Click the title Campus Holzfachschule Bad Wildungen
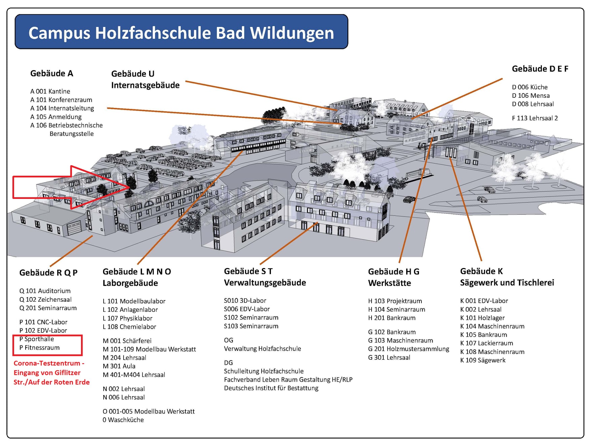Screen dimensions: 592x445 pyautogui.click(x=181, y=33)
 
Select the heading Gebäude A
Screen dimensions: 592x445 pyautogui.click(x=51, y=73)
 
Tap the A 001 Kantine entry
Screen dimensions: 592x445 pyautogui.click(x=50, y=91)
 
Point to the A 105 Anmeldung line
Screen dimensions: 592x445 pyautogui.click(x=56, y=117)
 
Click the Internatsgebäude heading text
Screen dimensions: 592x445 pyautogui.click(x=145, y=85)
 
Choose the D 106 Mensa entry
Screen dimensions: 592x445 pyautogui.click(x=531, y=96)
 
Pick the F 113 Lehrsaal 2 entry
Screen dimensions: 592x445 pyautogui.click(x=535, y=118)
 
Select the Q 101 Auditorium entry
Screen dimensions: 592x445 pyautogui.click(x=45, y=291)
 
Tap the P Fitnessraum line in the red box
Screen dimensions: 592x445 pyautogui.click(x=39, y=348)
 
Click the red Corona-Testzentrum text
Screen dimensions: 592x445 pyautogui.click(x=51, y=373)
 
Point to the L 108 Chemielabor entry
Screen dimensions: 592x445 pyautogui.click(x=129, y=327)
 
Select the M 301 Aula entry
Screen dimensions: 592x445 pyautogui.click(x=119, y=366)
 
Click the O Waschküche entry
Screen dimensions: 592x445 pyautogui.click(x=123, y=420)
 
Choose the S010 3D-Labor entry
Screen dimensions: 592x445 pyautogui.click(x=245, y=301)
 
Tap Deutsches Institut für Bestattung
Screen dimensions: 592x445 pyautogui.click(x=271, y=388)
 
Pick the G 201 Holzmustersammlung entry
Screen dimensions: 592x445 pyautogui.click(x=409, y=349)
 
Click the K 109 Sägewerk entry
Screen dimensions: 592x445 pyautogui.click(x=483, y=360)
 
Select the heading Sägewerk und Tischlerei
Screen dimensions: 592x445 pyautogui.click(x=507, y=283)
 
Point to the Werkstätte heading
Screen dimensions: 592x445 pyautogui.click(x=389, y=283)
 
